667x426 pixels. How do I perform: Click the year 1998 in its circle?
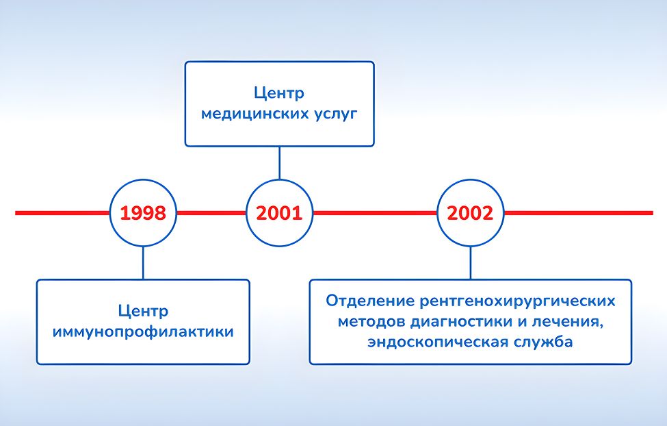tap(143, 213)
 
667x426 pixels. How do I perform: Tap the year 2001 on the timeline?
tap(279, 213)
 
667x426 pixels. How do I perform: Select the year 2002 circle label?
tap(470, 213)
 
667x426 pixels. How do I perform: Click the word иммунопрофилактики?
tap(143, 332)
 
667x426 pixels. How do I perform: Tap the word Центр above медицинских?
tap(279, 92)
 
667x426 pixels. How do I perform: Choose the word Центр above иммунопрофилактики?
tap(143, 311)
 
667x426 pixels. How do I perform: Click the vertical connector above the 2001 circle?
tap(279, 163)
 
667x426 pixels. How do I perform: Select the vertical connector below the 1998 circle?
tap(143, 263)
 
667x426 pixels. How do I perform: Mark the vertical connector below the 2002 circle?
tap(470, 263)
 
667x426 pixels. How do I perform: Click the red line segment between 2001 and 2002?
tap(374, 213)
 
